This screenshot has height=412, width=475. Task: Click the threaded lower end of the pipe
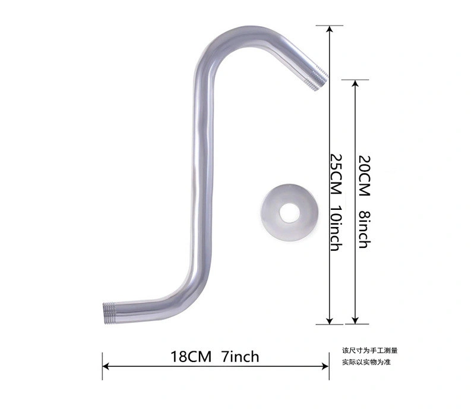(110, 313)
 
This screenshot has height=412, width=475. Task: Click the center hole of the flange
(289, 212)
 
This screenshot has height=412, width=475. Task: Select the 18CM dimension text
(191, 357)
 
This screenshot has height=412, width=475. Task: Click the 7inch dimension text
(240, 357)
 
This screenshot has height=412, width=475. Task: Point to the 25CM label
(336, 174)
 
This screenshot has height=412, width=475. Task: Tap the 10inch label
(336, 228)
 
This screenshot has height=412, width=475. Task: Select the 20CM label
(365, 175)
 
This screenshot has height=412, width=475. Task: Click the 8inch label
(365, 229)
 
